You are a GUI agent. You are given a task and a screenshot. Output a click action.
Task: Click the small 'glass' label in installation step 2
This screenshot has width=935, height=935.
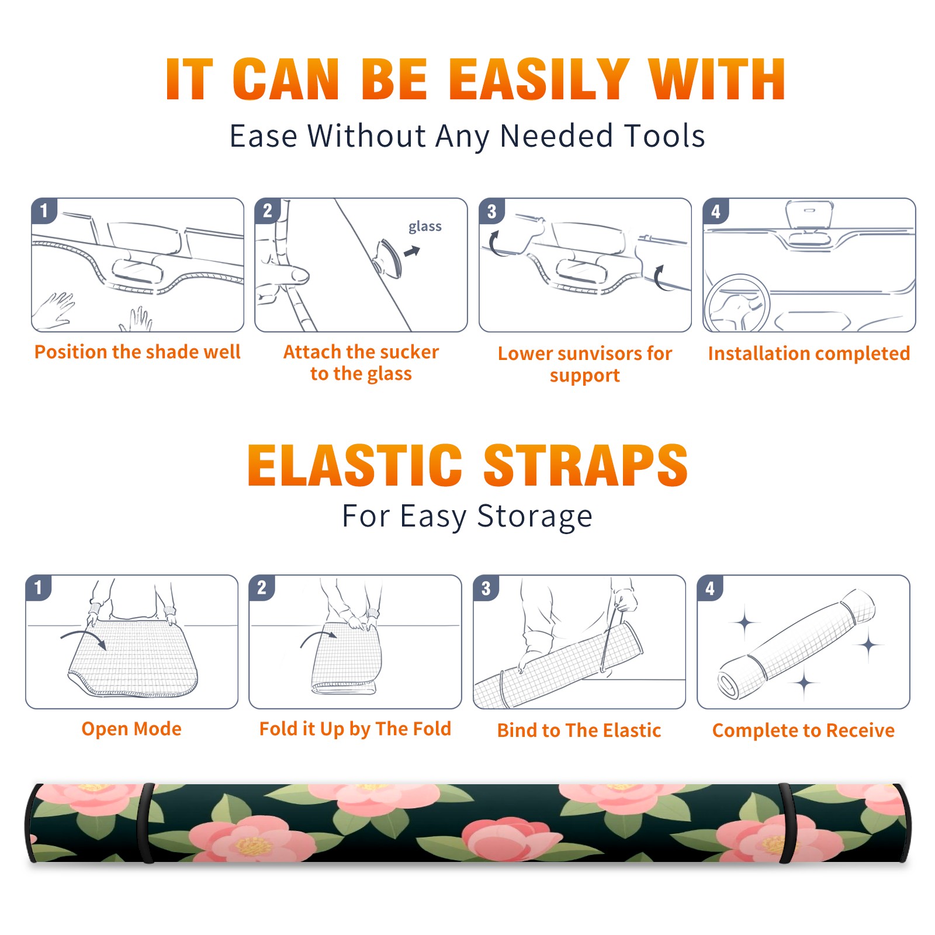coord(425,227)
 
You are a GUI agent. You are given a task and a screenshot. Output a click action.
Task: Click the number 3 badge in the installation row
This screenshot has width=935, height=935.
coord(491,212)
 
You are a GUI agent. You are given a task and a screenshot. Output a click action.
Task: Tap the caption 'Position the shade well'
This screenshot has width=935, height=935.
coord(137,352)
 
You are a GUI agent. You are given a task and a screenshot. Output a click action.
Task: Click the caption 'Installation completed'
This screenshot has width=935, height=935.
coord(809,353)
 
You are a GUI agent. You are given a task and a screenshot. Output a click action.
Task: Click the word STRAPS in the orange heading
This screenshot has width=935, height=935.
coord(586,465)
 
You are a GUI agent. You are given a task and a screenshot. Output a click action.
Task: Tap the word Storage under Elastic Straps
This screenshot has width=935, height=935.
coord(535,517)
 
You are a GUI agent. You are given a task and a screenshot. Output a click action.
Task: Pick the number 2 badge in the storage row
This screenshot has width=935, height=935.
coord(262,588)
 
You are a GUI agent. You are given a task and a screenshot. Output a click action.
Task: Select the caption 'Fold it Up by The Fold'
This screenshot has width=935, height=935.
coord(355,729)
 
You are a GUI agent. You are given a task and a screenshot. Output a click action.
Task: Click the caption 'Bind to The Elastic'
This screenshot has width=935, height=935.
coord(579,730)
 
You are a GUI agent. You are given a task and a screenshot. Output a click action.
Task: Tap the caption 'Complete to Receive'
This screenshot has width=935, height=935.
coord(804,730)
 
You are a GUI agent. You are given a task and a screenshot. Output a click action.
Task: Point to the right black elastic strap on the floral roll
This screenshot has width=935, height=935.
coord(786,823)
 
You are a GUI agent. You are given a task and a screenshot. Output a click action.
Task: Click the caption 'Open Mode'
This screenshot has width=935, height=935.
coord(131,729)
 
